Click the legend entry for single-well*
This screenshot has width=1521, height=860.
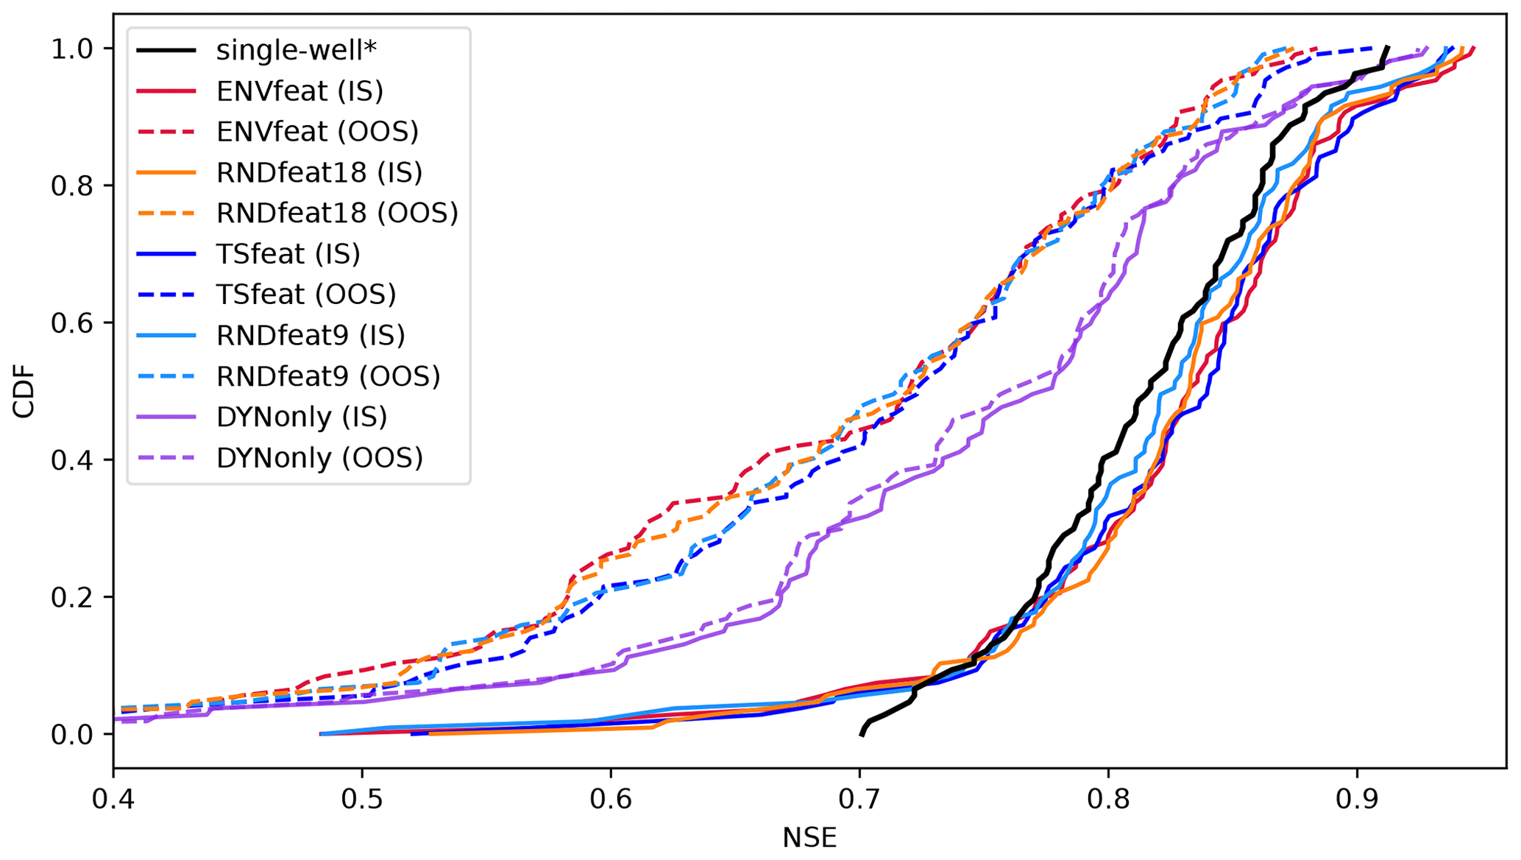click(x=296, y=50)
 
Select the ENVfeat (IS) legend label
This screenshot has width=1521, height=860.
click(x=299, y=91)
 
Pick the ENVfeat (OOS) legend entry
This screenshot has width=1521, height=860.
click(x=317, y=132)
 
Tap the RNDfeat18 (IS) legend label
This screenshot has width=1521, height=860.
click(x=319, y=172)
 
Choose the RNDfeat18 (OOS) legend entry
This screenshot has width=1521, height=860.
click(x=337, y=213)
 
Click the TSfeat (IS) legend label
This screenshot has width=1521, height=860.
click(x=288, y=254)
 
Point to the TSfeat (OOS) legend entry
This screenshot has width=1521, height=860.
click(x=306, y=295)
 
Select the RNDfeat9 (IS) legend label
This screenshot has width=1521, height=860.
click(x=311, y=335)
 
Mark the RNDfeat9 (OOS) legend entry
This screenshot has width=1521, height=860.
click(x=328, y=376)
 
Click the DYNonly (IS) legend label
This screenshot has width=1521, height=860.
click(x=302, y=417)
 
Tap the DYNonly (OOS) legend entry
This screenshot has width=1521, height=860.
click(x=319, y=458)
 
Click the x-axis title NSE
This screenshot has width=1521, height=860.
click(x=809, y=839)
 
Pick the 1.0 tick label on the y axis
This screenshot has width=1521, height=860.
click(x=72, y=49)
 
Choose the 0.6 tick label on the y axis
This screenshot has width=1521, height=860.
click(x=72, y=323)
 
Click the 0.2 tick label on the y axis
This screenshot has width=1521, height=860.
click(x=72, y=597)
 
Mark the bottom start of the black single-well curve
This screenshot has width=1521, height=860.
click(x=861, y=734)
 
